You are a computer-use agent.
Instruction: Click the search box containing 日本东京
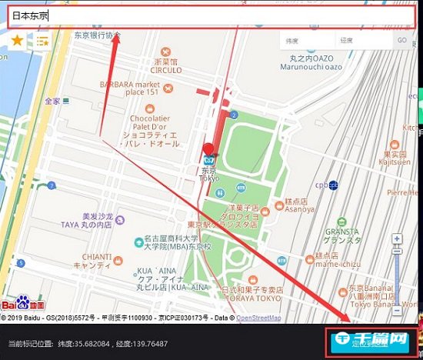(208, 15)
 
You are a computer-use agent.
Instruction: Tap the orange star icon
(17, 40)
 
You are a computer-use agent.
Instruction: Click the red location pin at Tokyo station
(208, 151)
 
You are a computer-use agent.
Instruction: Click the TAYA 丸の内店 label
(86, 224)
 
